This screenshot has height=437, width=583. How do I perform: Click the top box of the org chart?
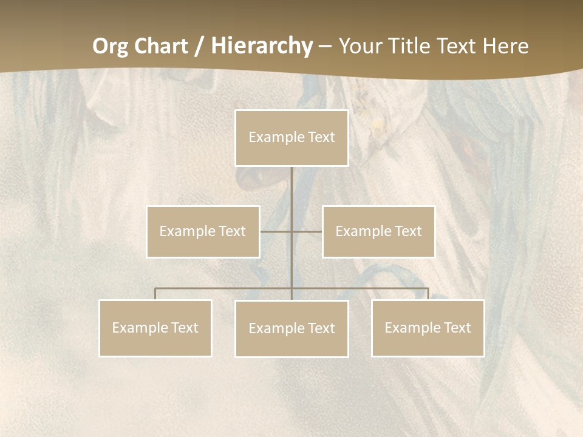click(x=291, y=138)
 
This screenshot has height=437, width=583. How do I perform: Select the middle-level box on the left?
click(x=203, y=231)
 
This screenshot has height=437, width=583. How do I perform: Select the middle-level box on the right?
click(x=378, y=231)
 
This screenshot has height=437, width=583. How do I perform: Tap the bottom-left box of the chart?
click(x=155, y=328)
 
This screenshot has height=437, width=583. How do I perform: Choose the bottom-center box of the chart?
click(x=291, y=328)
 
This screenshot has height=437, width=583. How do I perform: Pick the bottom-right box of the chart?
click(x=428, y=328)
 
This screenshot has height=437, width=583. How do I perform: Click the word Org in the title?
click(x=111, y=46)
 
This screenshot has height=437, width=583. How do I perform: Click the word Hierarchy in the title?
click(x=262, y=46)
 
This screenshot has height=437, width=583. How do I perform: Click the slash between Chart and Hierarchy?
click(x=200, y=47)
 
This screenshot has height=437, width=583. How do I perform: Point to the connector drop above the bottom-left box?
click(x=155, y=294)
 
